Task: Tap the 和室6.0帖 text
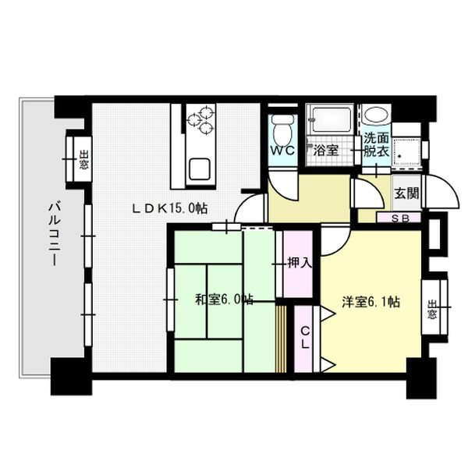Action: [x=223, y=300]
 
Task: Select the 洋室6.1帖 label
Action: [x=370, y=302]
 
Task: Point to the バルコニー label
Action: [x=55, y=233]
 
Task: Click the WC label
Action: [x=282, y=151]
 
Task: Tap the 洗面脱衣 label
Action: [x=376, y=145]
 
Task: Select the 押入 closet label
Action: [x=299, y=263]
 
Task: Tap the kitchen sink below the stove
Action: [x=197, y=167]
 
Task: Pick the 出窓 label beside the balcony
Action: [x=83, y=160]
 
